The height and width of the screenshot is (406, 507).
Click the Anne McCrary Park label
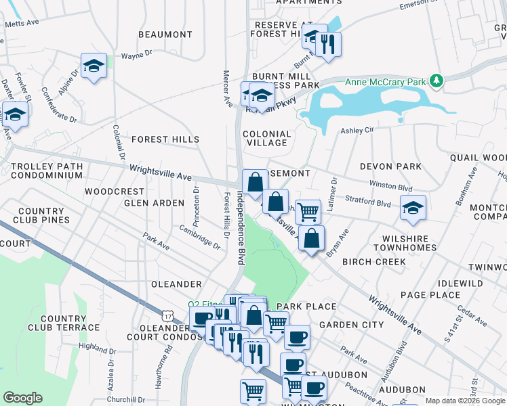click(386, 82)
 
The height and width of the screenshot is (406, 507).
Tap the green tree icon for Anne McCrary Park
click(437, 82)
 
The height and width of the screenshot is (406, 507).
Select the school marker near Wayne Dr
click(94, 66)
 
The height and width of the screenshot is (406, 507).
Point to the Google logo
click(22, 398)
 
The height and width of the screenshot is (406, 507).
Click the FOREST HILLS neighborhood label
click(165, 139)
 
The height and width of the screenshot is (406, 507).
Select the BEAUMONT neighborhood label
click(165, 35)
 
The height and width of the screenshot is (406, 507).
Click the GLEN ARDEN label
click(154, 203)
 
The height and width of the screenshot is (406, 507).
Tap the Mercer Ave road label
click(228, 89)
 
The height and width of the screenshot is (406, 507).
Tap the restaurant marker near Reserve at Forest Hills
click(328, 45)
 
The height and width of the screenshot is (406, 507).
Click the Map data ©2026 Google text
click(465, 401)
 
